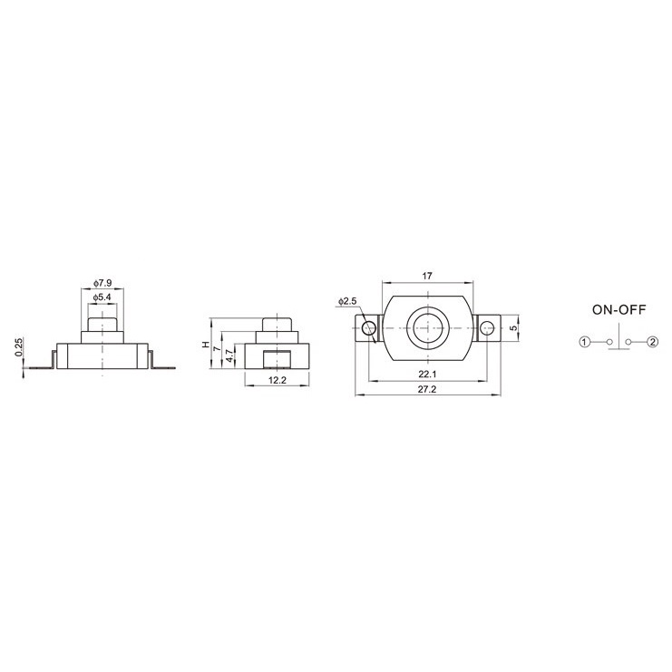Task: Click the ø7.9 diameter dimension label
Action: pos(102,283)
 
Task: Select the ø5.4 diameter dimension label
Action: pos(102,297)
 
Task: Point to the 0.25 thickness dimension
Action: pos(18,347)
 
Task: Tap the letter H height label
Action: pos(207,345)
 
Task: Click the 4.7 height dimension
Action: pos(230,356)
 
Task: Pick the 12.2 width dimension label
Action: pos(277,380)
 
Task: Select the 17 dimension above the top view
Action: pos(427,276)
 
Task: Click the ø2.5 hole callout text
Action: pos(347,301)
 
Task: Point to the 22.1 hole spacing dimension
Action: pos(427,375)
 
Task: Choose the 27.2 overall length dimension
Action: pos(427,389)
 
